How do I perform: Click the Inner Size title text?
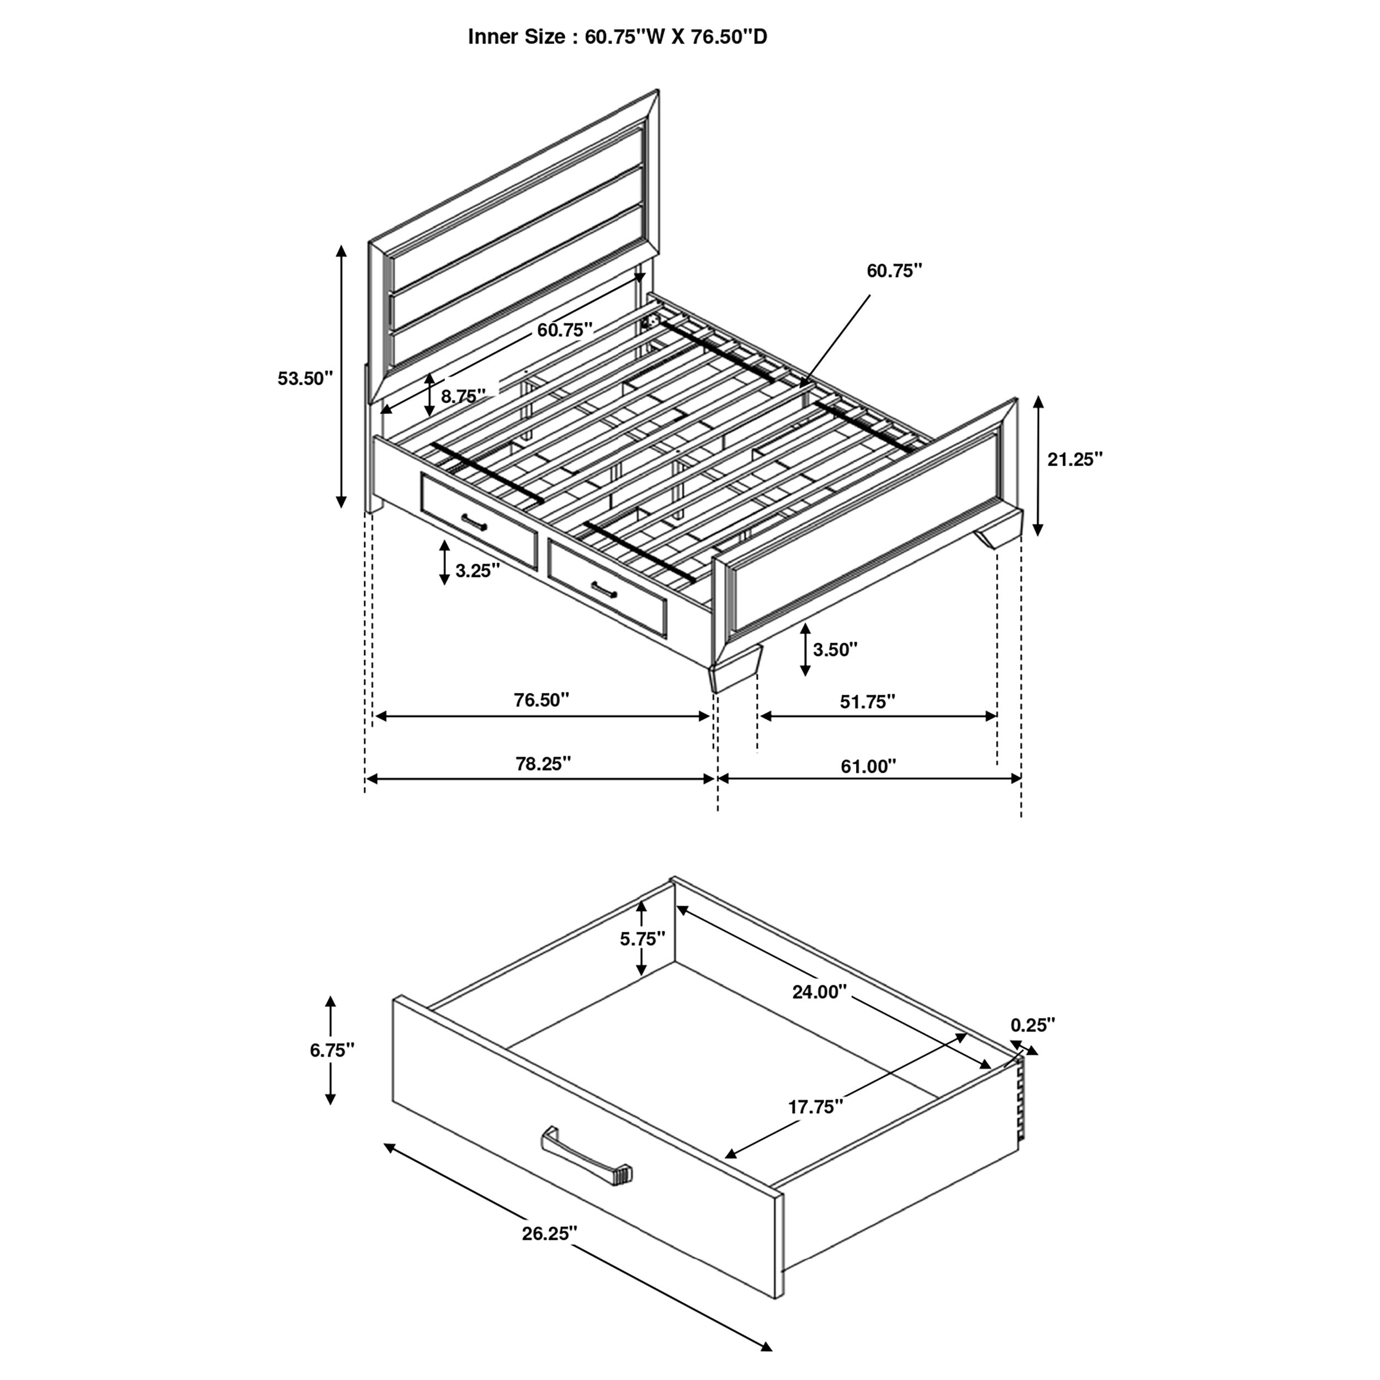tap(617, 37)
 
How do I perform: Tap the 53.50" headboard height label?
tap(306, 379)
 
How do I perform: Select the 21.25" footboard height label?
tap(1075, 459)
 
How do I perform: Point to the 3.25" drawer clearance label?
tap(477, 570)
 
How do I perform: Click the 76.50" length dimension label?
tap(542, 700)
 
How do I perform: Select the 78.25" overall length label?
tap(544, 763)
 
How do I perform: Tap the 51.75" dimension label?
tap(867, 702)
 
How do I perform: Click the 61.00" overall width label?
tap(868, 766)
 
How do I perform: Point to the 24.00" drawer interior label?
tap(819, 991)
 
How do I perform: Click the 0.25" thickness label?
tap(1032, 1025)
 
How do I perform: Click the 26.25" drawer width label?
tap(549, 1234)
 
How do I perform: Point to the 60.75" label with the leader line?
tap(894, 270)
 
